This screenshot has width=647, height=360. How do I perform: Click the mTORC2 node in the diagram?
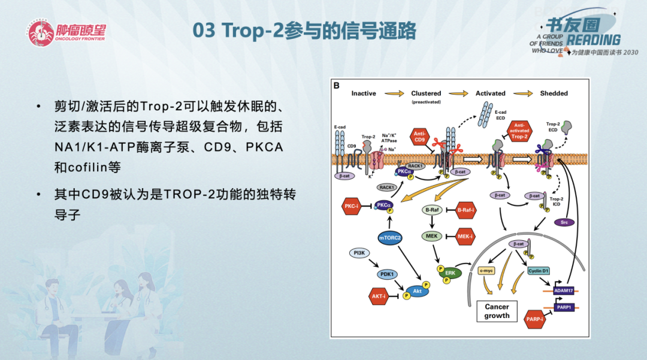(x=389, y=238)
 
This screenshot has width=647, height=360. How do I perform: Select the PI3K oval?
(x=359, y=253)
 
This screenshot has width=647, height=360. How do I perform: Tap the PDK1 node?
(x=388, y=274)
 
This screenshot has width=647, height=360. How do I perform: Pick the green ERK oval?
(x=450, y=274)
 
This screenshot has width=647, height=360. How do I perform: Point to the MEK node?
(x=431, y=237)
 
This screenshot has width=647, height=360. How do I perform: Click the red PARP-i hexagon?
(x=534, y=319)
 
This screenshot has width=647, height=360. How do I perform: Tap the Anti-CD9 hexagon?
(x=420, y=137)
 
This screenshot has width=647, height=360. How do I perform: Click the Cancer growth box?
(x=497, y=311)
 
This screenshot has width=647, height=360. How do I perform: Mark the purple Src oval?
(x=564, y=222)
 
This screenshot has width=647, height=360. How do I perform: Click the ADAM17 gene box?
(x=564, y=291)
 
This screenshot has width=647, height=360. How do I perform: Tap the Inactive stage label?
(x=364, y=93)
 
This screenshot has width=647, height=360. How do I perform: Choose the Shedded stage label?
(x=554, y=93)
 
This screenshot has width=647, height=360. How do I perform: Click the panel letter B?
(x=337, y=86)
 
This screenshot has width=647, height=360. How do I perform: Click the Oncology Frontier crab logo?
(x=40, y=34)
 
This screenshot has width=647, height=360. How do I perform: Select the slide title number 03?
(x=205, y=31)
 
